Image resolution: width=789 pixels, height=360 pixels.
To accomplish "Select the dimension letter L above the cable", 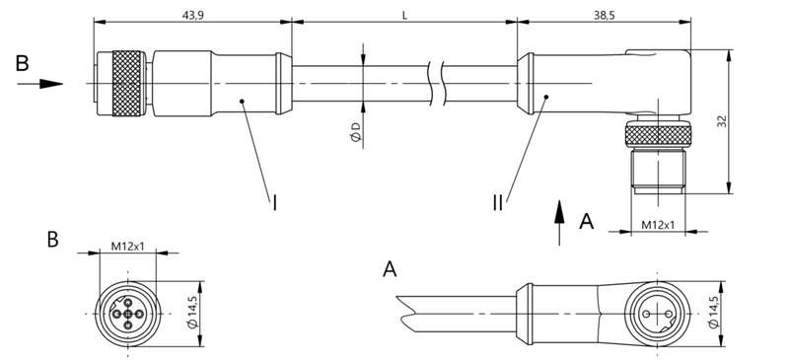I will coord(405,15).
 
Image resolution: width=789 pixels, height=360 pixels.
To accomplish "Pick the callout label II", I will coord(500,204).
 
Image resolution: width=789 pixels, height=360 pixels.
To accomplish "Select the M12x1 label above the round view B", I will coord(128,244).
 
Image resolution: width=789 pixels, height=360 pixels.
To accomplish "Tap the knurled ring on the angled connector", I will coord(658,134).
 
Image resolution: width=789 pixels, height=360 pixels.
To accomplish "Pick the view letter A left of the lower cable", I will coord(392,268).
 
